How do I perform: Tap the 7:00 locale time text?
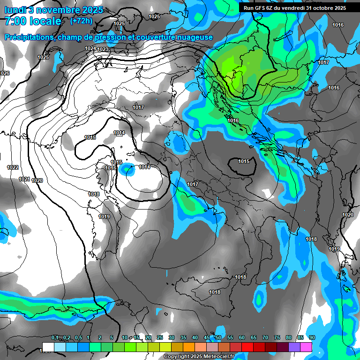pyautogui.click(x=32, y=22)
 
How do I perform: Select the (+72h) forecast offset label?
pyautogui.click(x=81, y=21)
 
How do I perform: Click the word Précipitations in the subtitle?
pyautogui.click(x=28, y=37)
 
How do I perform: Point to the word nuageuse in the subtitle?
pyautogui.click(x=194, y=37)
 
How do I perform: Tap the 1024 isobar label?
pyautogui.click(x=90, y=49)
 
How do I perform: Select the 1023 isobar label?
pyautogui.click(x=103, y=49)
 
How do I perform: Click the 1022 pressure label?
pyautogui.click(x=13, y=168)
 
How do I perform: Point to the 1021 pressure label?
pyautogui.click(x=24, y=180)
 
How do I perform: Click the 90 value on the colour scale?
pyautogui.click(x=312, y=338)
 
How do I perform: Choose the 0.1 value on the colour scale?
pyautogui.click(x=55, y=338)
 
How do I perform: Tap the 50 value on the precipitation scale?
pyautogui.click(x=218, y=338)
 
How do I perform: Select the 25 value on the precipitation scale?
pyautogui.click(x=160, y=338)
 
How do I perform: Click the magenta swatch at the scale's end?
pyautogui.click(x=306, y=346)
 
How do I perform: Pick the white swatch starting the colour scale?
pyautogui.click(x=48, y=346)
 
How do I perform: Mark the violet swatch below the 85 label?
pyautogui.click(x=294, y=346)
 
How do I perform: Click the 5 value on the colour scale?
pyautogui.click(x=111, y=338)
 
